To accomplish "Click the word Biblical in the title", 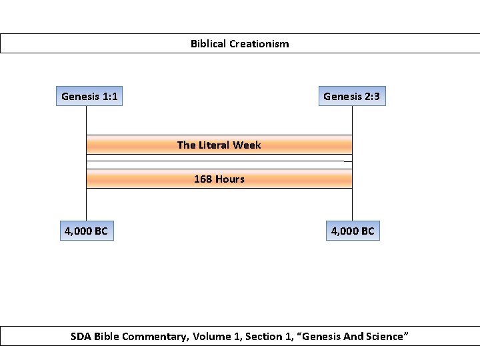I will click(208, 44).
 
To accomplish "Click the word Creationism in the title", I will click(259, 44).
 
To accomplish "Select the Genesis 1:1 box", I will click(89, 97).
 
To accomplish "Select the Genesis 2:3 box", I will click(351, 97).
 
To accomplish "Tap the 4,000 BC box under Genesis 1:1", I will click(86, 231).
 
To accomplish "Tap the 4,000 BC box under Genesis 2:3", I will click(353, 231).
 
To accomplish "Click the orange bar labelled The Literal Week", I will click(133, 145).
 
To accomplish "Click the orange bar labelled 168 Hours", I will click(133, 179).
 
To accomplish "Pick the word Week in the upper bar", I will click(247, 145).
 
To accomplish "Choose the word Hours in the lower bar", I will click(229, 179).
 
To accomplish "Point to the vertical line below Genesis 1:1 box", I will click(86, 120).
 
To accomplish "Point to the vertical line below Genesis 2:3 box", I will click(352, 120).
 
